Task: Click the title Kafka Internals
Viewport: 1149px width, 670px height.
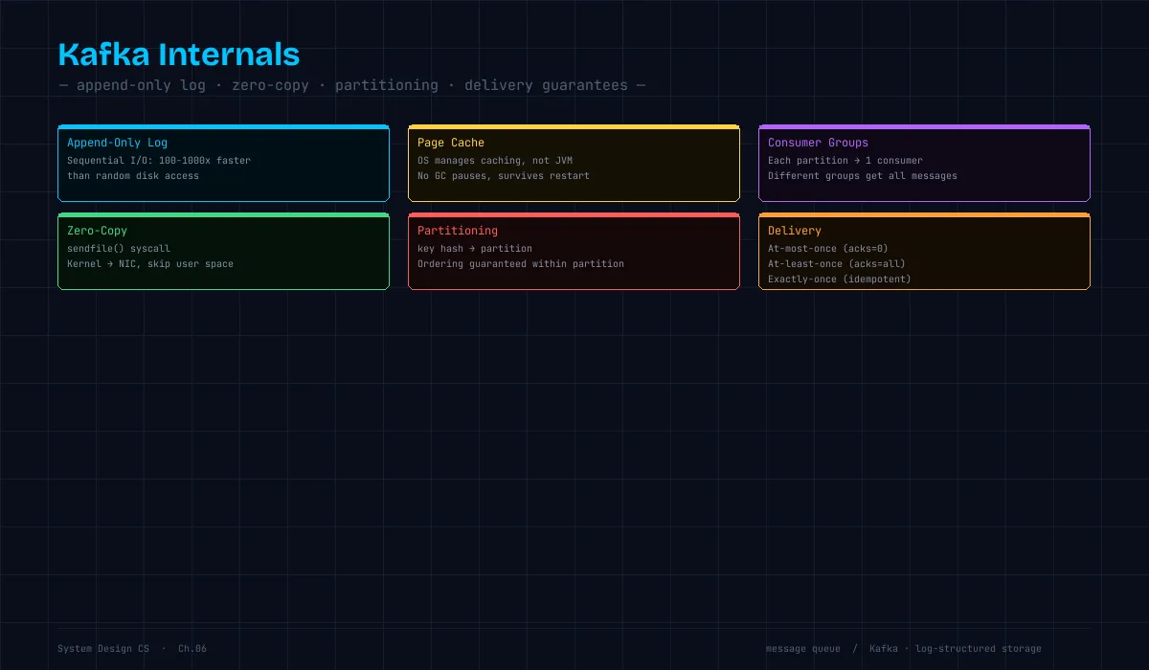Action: pos(178,55)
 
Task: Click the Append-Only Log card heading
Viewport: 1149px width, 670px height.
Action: pos(118,143)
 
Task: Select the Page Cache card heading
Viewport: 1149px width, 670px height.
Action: pos(451,143)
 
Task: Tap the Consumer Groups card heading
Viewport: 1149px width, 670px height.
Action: pos(818,143)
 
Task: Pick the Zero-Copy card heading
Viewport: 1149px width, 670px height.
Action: pos(97,231)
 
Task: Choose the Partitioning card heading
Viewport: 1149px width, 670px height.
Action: pos(458,231)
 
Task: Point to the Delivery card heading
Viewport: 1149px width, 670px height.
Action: pos(795,231)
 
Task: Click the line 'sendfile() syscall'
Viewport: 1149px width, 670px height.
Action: pos(119,249)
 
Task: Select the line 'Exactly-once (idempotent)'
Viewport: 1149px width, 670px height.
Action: pos(839,279)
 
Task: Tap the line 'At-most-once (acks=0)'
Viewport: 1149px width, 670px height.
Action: pos(827,249)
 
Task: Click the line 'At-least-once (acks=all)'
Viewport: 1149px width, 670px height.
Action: pos(837,264)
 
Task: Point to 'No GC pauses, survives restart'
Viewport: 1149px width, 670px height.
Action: pos(504,176)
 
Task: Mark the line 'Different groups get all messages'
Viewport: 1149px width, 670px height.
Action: pos(863,176)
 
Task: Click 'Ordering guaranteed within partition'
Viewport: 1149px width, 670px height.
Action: pos(521,264)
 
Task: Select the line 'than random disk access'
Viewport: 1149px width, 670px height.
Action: pos(133,176)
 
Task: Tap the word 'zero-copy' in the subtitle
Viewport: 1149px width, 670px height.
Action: pos(270,85)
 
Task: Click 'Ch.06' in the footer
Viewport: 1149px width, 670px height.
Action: pos(192,649)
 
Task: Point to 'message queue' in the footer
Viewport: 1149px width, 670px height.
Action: pos(802,649)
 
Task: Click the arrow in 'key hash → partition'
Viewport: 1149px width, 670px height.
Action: pos(471,249)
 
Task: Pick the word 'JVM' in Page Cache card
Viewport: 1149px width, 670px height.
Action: pos(564,161)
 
